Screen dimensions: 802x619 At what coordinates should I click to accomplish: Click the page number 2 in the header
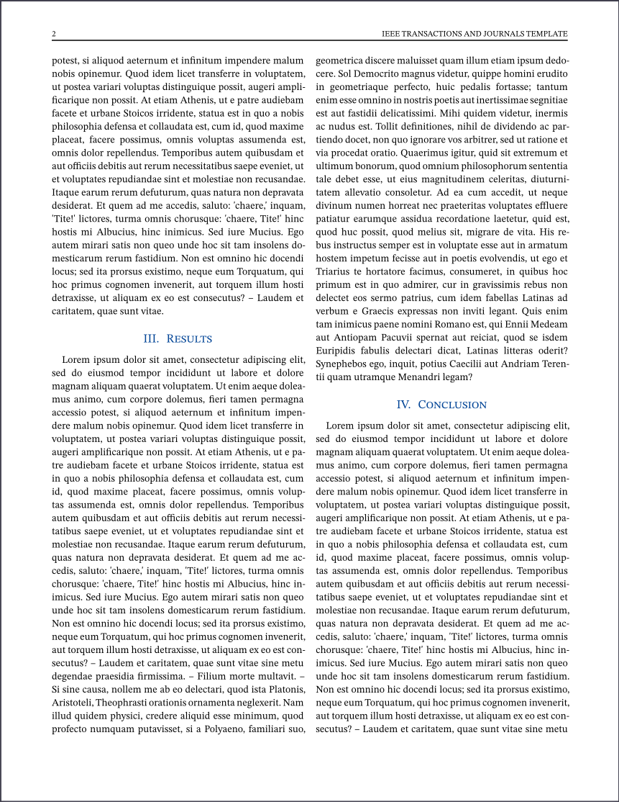[x=54, y=35]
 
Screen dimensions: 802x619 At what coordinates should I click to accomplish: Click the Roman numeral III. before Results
[x=151, y=339]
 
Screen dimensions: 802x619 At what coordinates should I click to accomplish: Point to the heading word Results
[x=189, y=339]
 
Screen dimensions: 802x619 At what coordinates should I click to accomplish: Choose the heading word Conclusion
[x=452, y=405]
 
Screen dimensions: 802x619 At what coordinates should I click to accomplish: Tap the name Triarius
[x=334, y=271]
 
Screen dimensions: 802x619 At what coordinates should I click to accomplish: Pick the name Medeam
[x=549, y=324]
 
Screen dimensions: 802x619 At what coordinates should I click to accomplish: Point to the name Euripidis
[x=337, y=351]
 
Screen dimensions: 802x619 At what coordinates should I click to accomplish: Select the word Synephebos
[x=341, y=364]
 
